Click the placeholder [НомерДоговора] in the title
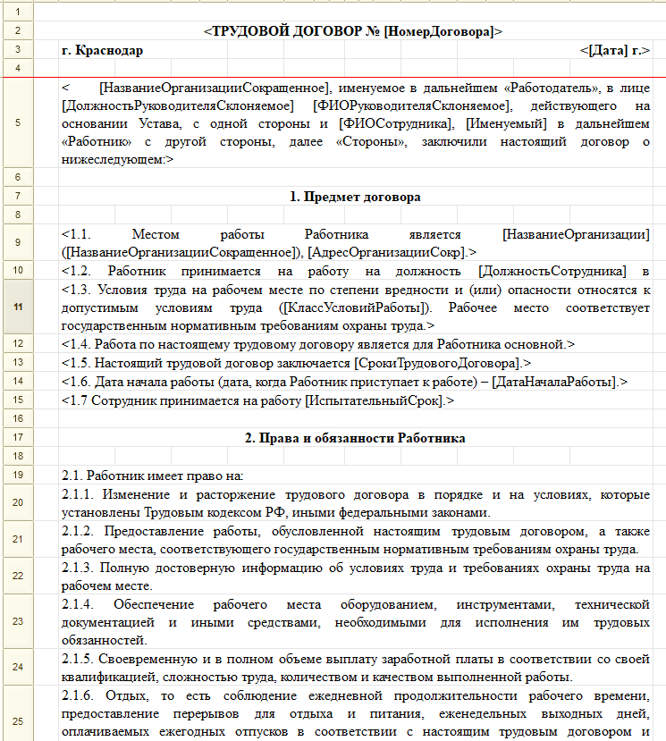pyautogui.click(x=438, y=31)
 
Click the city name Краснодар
pyautogui.click(x=111, y=50)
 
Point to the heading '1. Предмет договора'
pyautogui.click(x=355, y=196)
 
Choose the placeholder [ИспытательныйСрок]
pyautogui.click(x=376, y=400)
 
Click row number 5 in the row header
pyautogui.click(x=18, y=123)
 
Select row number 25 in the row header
pyautogui.click(x=18, y=721)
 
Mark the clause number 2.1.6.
pyautogui.click(x=80, y=696)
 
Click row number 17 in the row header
pyautogui.click(x=18, y=438)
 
